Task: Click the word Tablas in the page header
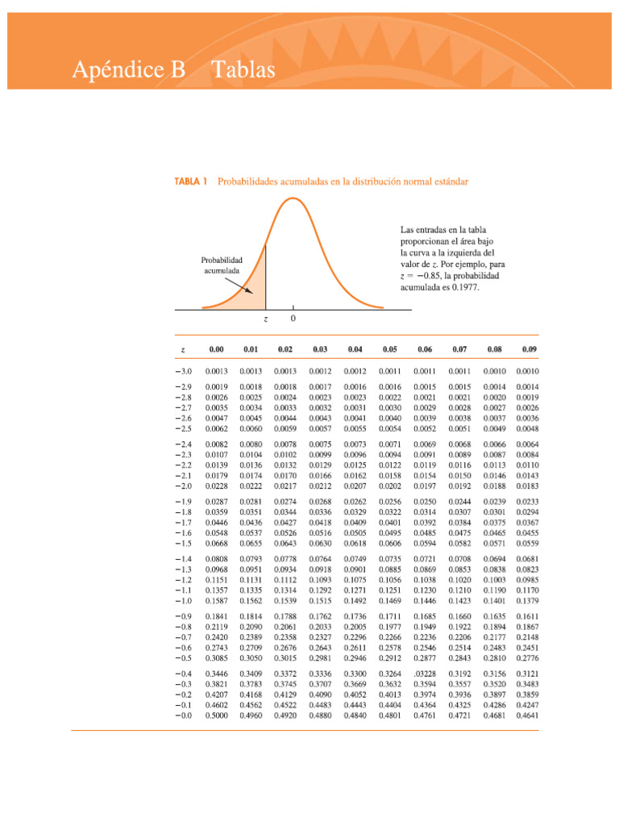[243, 71]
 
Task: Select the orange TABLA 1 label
[191, 182]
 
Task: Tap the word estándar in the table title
[447, 182]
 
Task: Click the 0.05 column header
[390, 349]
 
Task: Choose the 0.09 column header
[529, 349]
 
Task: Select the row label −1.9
[183, 502]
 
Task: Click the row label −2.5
[183, 429]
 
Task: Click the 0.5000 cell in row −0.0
[216, 714]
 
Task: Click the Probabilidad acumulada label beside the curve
[221, 265]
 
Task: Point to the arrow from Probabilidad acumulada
[239, 283]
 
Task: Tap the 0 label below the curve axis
[293, 319]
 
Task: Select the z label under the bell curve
[266, 319]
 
